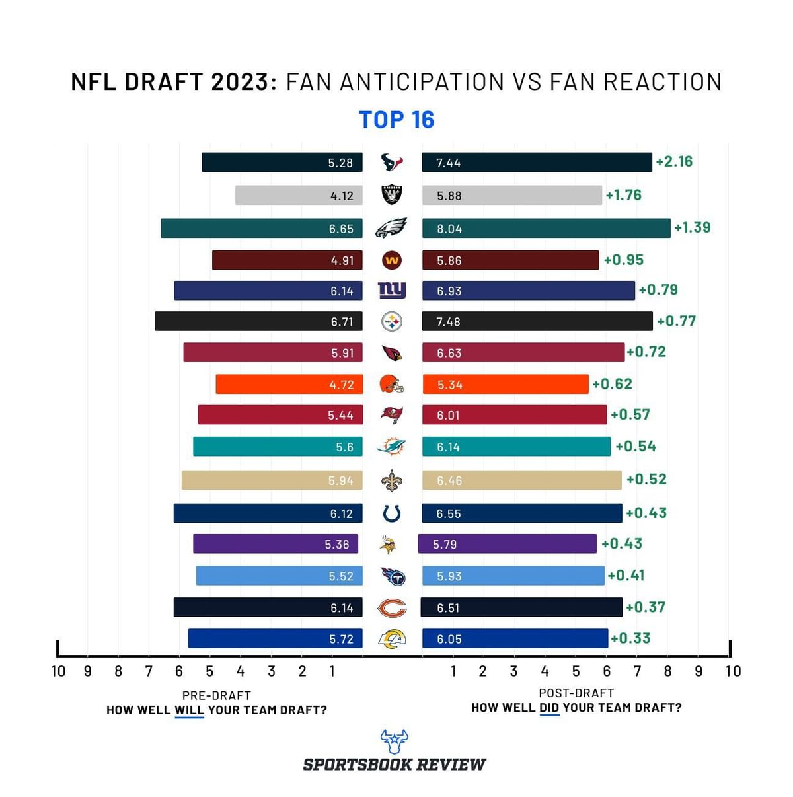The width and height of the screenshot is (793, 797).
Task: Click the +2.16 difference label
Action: pyautogui.click(x=674, y=161)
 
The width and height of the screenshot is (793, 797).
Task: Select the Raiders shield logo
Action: pyautogui.click(x=392, y=195)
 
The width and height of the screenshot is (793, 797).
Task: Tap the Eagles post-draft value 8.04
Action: pyautogui.click(x=449, y=229)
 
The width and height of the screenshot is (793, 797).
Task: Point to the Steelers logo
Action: pyautogui.click(x=392, y=322)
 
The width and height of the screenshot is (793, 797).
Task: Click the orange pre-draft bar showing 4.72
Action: pyautogui.click(x=289, y=385)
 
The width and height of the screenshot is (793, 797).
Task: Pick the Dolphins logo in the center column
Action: pyautogui.click(x=391, y=447)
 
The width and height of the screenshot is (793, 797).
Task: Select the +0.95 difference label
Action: pyautogui.click(x=623, y=260)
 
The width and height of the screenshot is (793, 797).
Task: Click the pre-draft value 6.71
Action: pyautogui.click(x=342, y=322)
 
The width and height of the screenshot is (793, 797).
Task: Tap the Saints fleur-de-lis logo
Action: pyautogui.click(x=392, y=480)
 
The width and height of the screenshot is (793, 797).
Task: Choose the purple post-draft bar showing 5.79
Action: pyautogui.click(x=507, y=544)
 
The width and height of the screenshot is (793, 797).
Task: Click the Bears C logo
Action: pyautogui.click(x=392, y=607)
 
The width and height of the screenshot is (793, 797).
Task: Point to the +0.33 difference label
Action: pyautogui.click(x=630, y=638)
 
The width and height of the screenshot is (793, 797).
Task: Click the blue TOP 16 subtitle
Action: pyautogui.click(x=397, y=120)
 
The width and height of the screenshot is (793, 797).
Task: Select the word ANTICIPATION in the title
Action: pyautogui.click(x=396, y=82)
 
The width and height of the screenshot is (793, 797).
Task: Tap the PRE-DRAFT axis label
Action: pyautogui.click(x=217, y=695)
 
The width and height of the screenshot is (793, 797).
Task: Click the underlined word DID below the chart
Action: pyautogui.click(x=549, y=708)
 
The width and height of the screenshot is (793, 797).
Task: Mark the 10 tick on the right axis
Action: pyautogui.click(x=733, y=671)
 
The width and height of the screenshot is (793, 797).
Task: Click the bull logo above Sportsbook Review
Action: pyautogui.click(x=394, y=741)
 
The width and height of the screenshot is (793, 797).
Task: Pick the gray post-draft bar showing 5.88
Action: pyautogui.click(x=511, y=196)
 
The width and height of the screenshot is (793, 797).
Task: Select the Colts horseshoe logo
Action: pyautogui.click(x=392, y=513)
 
